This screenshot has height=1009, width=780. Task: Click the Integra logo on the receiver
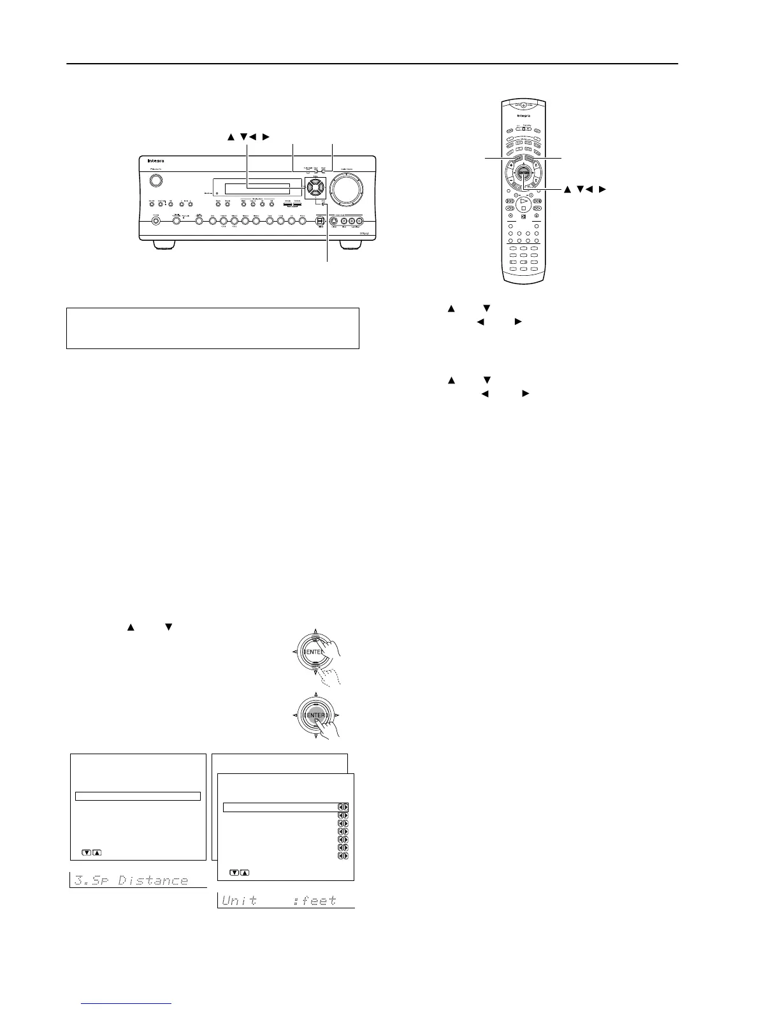click(155, 161)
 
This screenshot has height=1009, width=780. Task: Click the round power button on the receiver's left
click(154, 180)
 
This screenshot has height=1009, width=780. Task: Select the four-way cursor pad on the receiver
click(313, 187)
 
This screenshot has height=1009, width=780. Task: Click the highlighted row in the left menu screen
click(138, 796)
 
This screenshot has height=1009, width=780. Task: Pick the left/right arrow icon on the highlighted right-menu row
click(343, 808)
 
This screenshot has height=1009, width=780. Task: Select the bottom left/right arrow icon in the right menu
click(343, 856)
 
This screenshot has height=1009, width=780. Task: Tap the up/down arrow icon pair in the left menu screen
click(92, 852)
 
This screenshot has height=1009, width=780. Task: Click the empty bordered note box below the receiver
click(213, 328)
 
